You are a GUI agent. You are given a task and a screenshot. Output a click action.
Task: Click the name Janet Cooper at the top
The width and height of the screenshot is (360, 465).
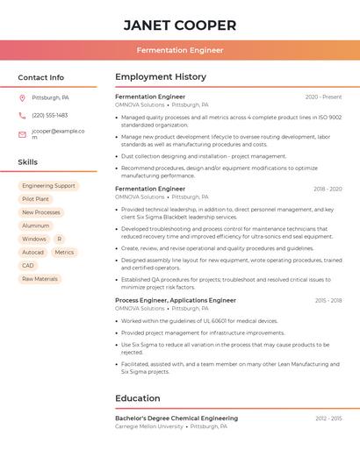179,25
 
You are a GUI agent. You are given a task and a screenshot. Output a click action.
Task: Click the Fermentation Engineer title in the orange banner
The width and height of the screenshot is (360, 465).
179,51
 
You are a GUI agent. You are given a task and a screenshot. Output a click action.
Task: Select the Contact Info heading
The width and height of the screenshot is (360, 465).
40,77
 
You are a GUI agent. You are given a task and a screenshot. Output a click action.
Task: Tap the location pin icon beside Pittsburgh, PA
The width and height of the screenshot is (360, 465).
22,97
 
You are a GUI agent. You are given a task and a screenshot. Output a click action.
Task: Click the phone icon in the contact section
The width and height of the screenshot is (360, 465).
22,115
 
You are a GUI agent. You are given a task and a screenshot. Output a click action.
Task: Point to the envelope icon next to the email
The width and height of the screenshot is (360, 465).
22,134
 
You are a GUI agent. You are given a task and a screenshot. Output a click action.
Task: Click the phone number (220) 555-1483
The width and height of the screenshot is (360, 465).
50,115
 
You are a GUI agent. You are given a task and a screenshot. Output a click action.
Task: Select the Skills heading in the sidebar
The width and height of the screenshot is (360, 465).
28,162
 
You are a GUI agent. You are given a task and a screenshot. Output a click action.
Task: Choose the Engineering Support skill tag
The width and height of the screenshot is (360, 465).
48,186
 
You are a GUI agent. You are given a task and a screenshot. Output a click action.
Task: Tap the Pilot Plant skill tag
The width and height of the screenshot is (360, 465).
35,199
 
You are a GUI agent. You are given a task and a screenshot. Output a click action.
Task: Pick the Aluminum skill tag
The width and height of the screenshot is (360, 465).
36,225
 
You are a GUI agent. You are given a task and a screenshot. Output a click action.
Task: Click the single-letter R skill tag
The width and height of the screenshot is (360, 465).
59,239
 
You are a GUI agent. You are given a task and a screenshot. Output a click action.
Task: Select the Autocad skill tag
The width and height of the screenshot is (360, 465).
32,252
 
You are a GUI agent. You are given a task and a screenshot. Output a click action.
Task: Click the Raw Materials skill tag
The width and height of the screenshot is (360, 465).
40,279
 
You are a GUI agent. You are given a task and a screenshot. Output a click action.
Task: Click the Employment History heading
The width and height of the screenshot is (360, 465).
161,77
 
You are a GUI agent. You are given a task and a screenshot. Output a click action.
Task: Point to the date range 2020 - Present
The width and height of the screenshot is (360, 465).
323,97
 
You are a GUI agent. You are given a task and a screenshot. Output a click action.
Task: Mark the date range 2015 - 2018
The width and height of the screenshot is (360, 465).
328,300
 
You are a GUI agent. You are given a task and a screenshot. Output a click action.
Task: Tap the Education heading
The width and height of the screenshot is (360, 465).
138,398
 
